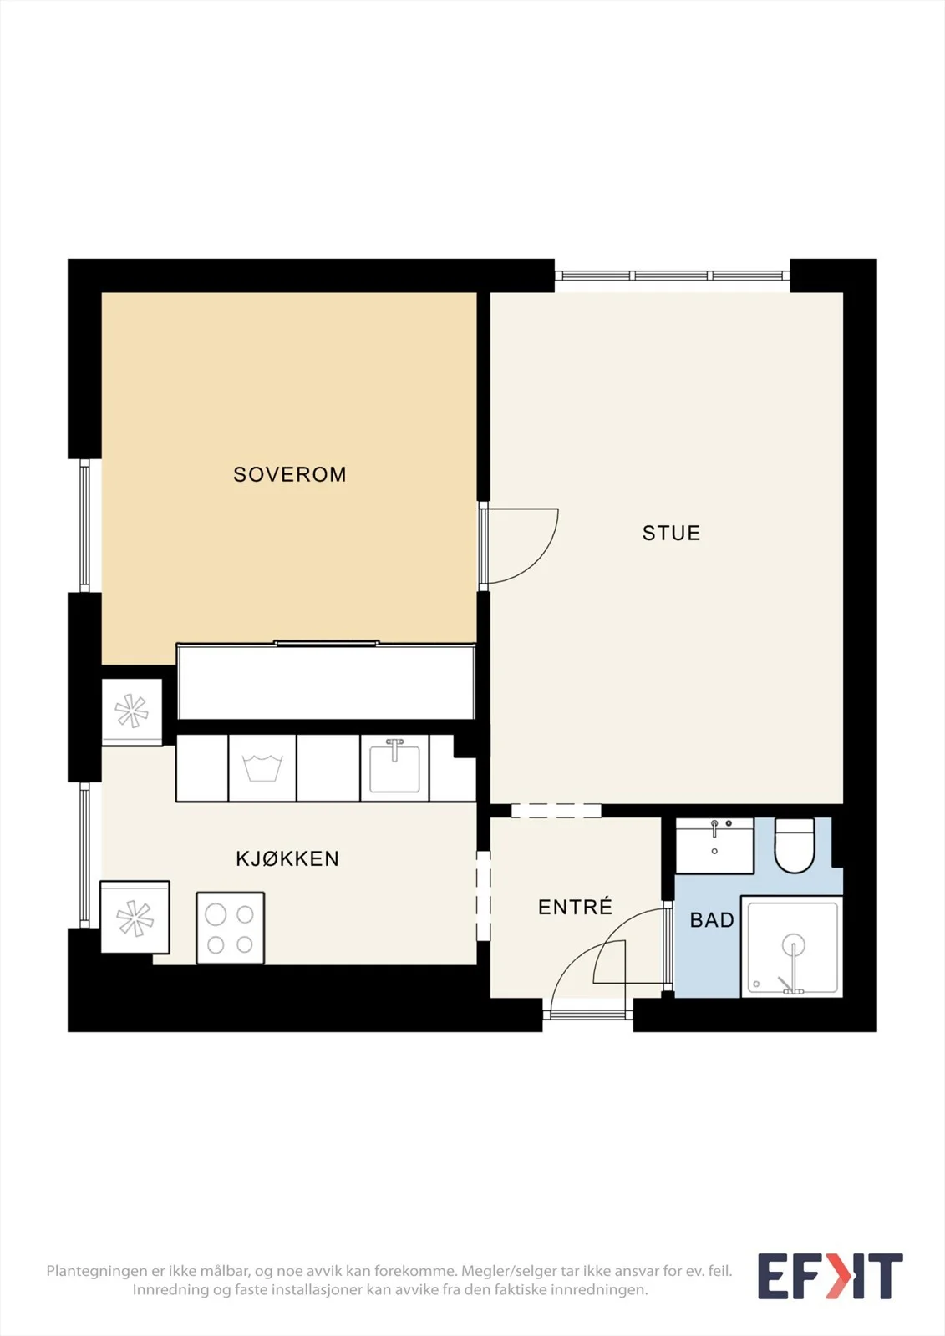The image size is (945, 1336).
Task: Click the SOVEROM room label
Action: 290,475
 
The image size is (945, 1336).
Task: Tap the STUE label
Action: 671,534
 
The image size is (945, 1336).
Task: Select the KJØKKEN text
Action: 287,859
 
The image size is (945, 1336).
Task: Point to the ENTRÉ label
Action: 575,907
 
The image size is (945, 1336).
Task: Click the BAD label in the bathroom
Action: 712,920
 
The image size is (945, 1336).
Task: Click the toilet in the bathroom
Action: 795,844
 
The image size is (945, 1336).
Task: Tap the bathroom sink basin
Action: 714,846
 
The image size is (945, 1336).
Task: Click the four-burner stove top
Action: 231,928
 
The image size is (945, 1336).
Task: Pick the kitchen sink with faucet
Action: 394,767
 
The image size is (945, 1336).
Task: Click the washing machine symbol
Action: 262,767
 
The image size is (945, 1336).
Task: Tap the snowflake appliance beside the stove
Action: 135,917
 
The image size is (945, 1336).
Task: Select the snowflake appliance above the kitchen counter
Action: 132,711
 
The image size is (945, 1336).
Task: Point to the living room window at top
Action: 672,276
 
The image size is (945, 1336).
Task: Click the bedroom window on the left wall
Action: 84,525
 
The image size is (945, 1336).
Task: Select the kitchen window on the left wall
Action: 84,855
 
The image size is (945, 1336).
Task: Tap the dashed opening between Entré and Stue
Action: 556,811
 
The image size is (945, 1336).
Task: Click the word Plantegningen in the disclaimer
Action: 97,1272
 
